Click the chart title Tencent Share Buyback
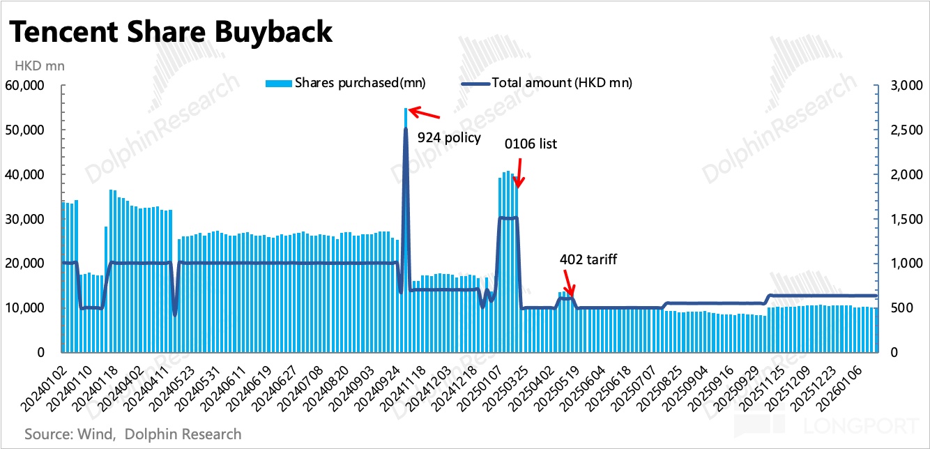click(169, 33)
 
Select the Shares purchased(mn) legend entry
click(346, 83)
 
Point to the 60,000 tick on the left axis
click(35, 86)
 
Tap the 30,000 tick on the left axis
click(35, 219)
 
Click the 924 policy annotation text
click(449, 137)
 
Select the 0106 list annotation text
click(531, 144)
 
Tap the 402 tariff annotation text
click(588, 259)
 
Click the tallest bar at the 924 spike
click(406, 230)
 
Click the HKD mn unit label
click(36, 66)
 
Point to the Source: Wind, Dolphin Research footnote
click(133, 434)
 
